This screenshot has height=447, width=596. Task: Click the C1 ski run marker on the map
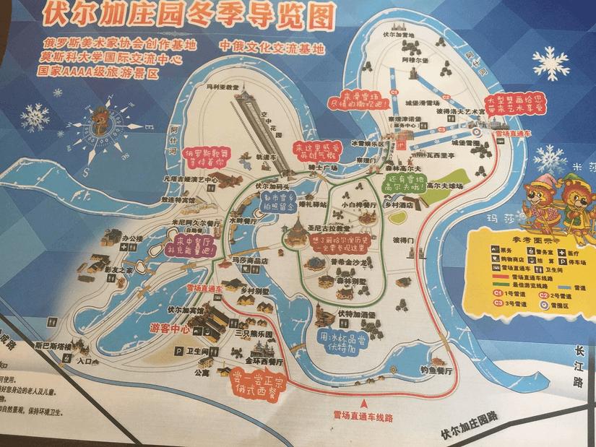(394, 94)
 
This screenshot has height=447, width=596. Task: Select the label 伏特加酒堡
(355, 315)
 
